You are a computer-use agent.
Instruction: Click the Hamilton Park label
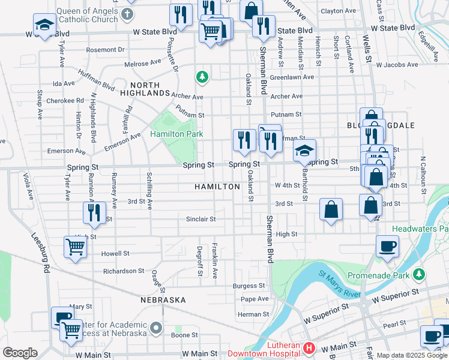(x=176, y=134)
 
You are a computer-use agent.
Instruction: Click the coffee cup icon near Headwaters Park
(x=387, y=246)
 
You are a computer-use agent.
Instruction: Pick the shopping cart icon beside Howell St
(x=75, y=247)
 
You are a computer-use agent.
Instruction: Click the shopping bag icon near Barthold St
(x=331, y=210)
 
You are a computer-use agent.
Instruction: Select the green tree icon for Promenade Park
(x=419, y=274)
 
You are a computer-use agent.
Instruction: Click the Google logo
(x=20, y=353)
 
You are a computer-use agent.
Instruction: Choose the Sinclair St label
(x=200, y=219)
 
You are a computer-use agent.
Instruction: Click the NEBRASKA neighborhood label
(x=163, y=299)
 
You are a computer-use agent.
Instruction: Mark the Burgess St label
(x=249, y=286)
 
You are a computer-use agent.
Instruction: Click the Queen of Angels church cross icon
(x=127, y=14)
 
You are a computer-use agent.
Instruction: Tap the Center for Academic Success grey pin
(x=156, y=328)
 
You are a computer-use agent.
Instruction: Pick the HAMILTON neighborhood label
(x=217, y=187)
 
